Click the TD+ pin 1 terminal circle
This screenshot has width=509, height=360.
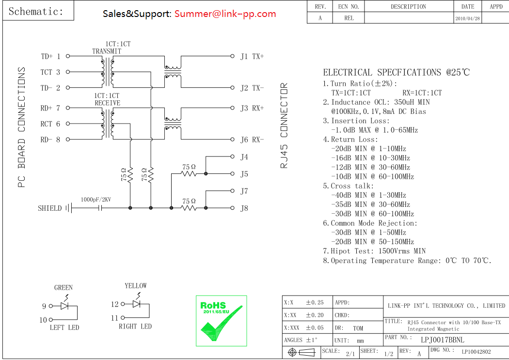click(67, 56)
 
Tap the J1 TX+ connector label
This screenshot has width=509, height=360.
click(252, 56)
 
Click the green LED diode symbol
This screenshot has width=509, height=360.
click(64, 306)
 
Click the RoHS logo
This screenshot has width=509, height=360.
click(221, 321)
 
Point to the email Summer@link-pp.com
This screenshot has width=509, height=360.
click(225, 14)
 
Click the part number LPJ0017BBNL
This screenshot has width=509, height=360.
click(442, 340)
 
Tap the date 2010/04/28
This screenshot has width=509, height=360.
click(467, 18)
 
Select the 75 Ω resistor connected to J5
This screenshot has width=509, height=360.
click(189, 173)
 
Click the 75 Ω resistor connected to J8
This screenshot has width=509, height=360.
click(189, 208)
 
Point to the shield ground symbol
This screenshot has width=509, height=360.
click(68, 208)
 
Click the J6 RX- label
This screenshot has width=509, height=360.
click(252, 140)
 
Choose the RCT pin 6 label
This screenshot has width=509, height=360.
click(50, 124)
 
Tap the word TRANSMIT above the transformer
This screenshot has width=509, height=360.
click(107, 51)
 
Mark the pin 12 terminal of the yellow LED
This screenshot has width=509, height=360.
click(123, 304)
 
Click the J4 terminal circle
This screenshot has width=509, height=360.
click(232, 157)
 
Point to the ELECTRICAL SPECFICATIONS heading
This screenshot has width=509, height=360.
click(396, 73)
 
